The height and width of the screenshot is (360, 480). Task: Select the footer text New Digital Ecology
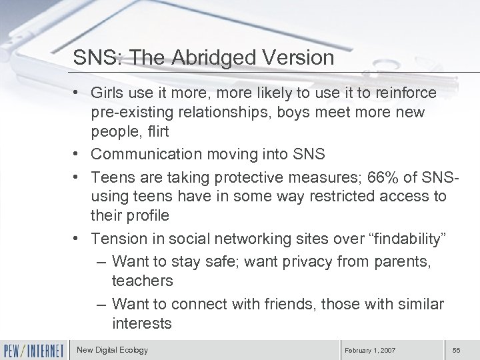click(x=112, y=349)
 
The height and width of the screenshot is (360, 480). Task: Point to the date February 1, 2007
click(x=369, y=350)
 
